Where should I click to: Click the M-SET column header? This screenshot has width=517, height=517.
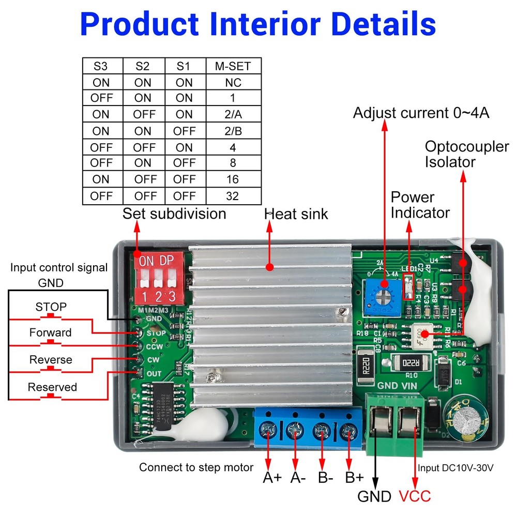(x=233, y=67)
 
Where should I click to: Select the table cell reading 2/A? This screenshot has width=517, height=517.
(x=233, y=115)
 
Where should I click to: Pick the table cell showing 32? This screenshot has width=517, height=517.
(x=233, y=196)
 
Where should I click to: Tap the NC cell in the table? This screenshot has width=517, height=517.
(x=233, y=83)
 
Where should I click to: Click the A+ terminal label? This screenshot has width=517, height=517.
(x=272, y=477)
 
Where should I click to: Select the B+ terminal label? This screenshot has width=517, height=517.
(x=355, y=477)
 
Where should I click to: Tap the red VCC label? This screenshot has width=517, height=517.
(x=415, y=496)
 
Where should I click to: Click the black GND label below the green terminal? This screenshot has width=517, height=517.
(x=374, y=497)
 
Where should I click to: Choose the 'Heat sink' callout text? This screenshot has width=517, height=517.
(x=296, y=214)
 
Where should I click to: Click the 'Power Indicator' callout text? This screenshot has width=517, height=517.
(x=420, y=205)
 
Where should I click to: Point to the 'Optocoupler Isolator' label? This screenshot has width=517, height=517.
(x=466, y=154)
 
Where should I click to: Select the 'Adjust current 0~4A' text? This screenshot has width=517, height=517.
(x=421, y=113)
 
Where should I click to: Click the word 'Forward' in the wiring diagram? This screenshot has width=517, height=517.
(x=50, y=332)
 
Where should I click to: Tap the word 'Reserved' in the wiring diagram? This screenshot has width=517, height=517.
(x=52, y=387)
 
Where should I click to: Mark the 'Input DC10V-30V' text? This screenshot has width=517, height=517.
(x=455, y=468)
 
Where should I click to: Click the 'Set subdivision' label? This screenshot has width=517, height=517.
(x=174, y=214)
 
